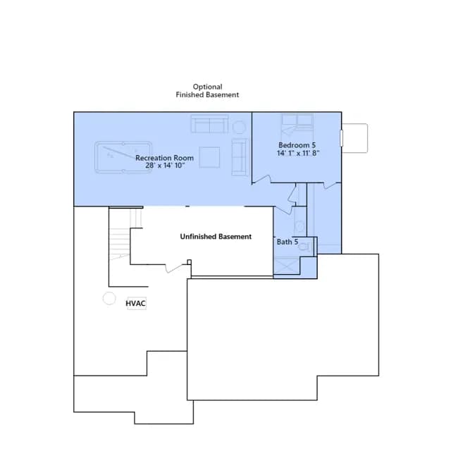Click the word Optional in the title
click(207, 87)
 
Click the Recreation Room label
click(164, 158)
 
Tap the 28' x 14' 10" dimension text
click(165, 166)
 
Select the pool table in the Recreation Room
click(123, 157)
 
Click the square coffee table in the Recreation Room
click(209, 157)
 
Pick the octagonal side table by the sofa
click(239, 127)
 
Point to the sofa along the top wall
click(210, 124)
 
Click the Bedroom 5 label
click(297, 145)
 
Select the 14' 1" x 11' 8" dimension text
click(298, 153)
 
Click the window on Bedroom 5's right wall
click(341, 138)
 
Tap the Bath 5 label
click(288, 242)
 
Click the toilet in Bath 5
click(305, 247)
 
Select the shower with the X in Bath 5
click(287, 266)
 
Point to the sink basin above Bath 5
click(300, 226)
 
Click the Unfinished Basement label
click(216, 237)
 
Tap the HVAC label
click(135, 304)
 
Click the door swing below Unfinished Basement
click(173, 268)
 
